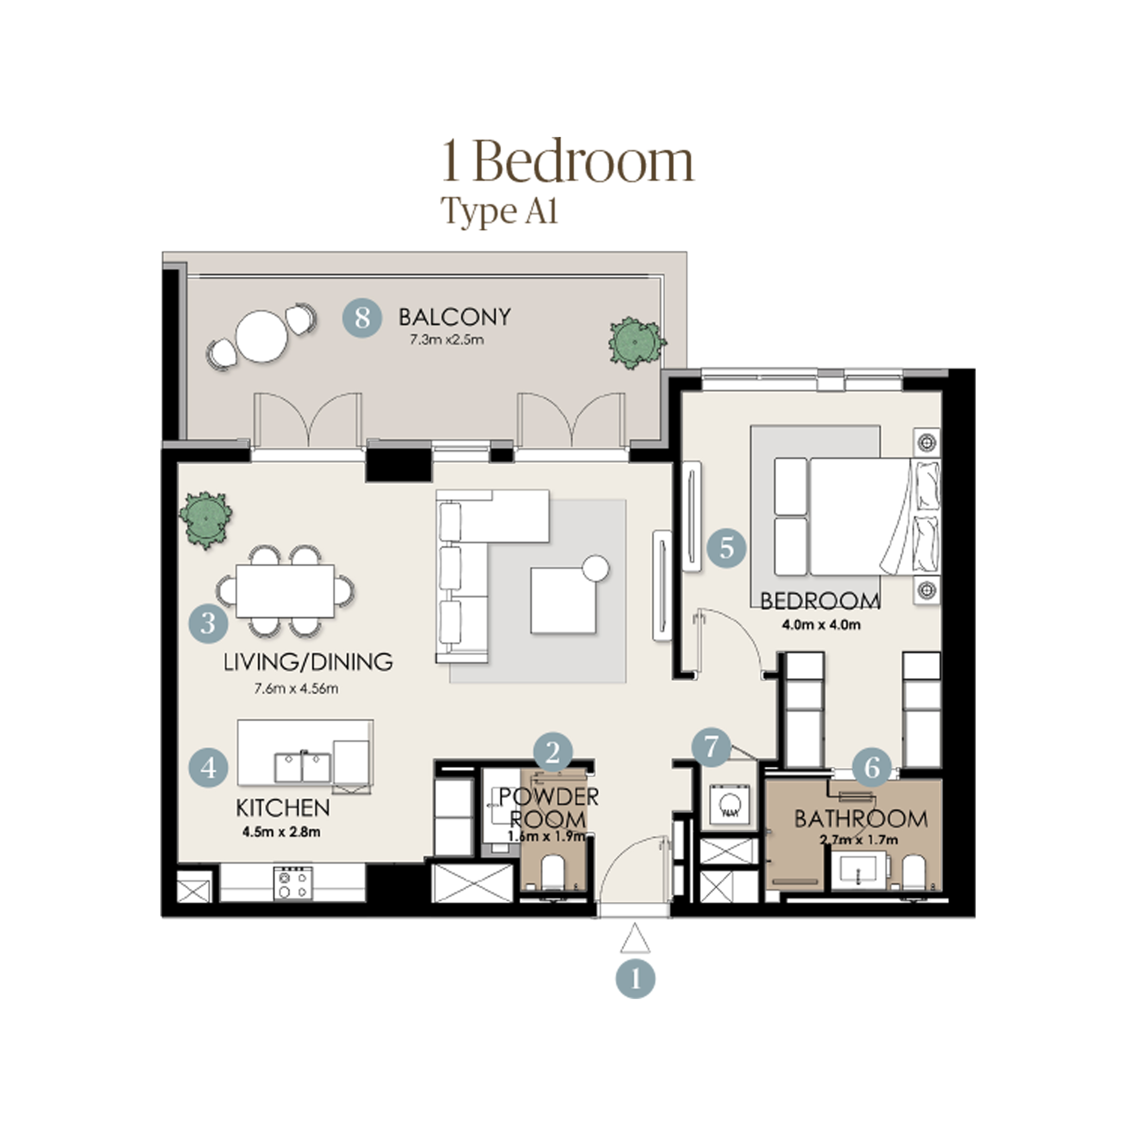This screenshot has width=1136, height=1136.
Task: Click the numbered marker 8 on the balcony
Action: pyautogui.click(x=362, y=317)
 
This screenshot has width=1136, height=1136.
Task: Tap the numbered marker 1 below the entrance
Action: pyautogui.click(x=635, y=979)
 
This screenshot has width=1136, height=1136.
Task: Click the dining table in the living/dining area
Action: pyautogui.click(x=285, y=591)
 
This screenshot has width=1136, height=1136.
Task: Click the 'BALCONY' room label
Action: pyautogui.click(x=454, y=317)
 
